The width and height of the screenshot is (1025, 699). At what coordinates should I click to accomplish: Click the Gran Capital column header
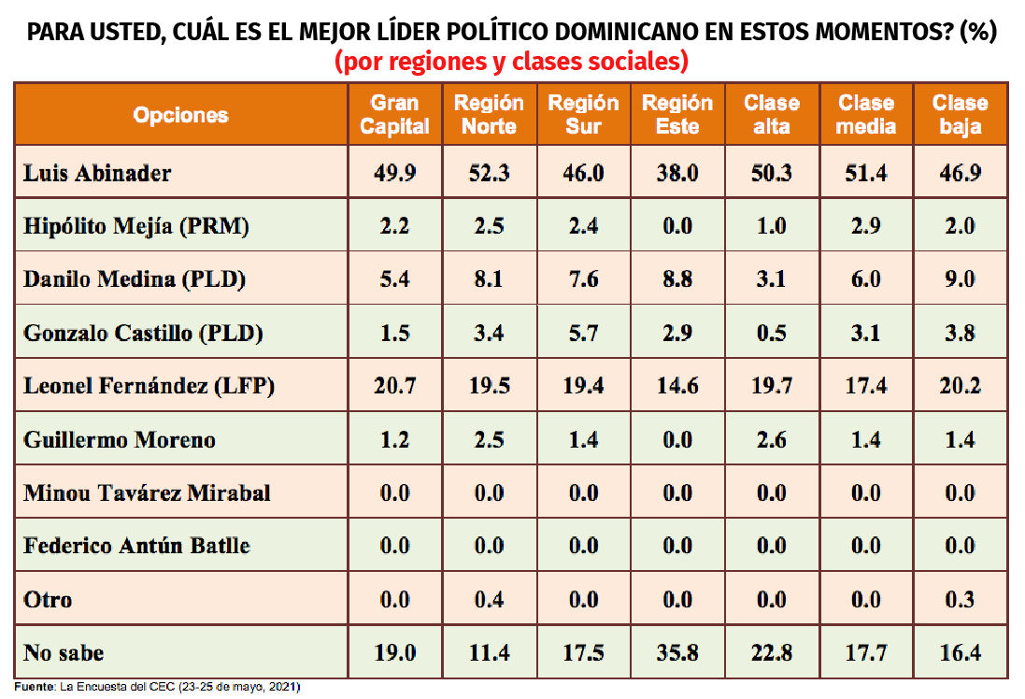pyautogui.click(x=394, y=114)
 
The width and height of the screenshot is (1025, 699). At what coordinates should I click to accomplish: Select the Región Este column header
pyautogui.click(x=677, y=114)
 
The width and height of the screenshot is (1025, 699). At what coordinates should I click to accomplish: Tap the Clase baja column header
pyautogui.click(x=960, y=114)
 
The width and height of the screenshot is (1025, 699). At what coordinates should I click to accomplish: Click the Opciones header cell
pyautogui.click(x=180, y=115)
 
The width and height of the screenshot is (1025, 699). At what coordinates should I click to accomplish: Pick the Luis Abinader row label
pyautogui.click(x=97, y=173)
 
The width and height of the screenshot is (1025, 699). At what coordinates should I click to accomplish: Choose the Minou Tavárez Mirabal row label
pyautogui.click(x=147, y=492)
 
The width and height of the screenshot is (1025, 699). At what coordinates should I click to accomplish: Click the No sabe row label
pyautogui.click(x=64, y=652)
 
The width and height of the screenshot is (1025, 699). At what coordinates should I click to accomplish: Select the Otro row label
pyautogui.click(x=48, y=599)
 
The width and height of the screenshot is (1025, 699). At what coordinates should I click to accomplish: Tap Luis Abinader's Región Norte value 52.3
pyautogui.click(x=489, y=173)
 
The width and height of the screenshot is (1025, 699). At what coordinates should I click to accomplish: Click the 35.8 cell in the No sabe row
pyautogui.click(x=677, y=652)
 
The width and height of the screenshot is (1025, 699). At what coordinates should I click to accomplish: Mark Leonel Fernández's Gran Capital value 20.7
pyautogui.click(x=394, y=386)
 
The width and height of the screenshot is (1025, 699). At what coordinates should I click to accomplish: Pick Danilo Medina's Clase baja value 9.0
pyautogui.click(x=960, y=279)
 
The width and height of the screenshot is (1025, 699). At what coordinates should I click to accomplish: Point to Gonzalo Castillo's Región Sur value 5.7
pyautogui.click(x=583, y=333)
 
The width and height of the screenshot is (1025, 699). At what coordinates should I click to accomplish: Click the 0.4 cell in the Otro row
pyautogui.click(x=489, y=599)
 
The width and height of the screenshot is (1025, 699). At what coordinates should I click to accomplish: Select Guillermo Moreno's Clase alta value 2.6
pyautogui.click(x=772, y=439)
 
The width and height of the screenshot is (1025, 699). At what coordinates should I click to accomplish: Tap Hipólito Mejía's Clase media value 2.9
pyautogui.click(x=866, y=226)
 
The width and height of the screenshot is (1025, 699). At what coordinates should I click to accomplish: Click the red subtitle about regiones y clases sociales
pyautogui.click(x=512, y=63)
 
